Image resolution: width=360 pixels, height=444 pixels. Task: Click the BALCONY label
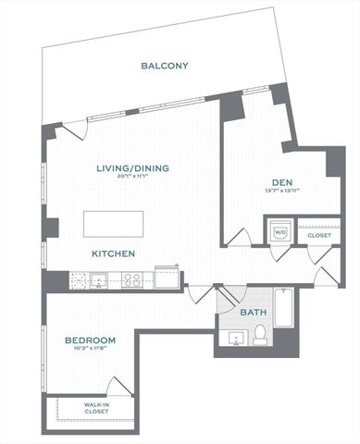165,66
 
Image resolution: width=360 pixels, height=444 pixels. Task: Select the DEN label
282,181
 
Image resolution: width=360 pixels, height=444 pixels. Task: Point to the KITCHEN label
114,253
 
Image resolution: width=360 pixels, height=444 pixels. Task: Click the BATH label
254,313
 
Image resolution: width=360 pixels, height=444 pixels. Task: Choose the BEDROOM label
90,341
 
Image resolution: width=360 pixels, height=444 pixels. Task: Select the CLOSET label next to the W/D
318,235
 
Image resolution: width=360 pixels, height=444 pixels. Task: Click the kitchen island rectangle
115,225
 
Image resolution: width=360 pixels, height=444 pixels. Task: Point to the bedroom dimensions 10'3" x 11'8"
90,351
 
